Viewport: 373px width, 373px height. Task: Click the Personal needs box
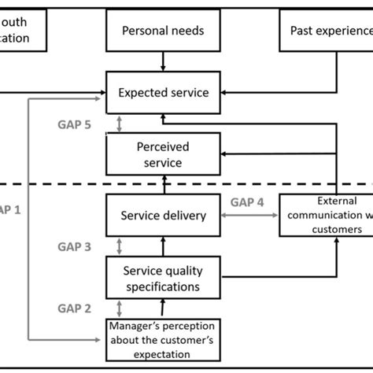coord(163,31)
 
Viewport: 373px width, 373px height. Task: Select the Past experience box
coord(326,31)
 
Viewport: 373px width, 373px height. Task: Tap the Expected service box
coord(163,93)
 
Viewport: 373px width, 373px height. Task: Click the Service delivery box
coord(163,214)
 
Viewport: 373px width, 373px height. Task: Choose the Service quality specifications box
coord(163,279)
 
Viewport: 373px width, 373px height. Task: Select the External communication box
coord(326,215)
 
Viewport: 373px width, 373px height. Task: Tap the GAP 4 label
coord(246,201)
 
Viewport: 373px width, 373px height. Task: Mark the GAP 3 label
coord(75,246)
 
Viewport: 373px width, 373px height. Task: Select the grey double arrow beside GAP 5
coord(119,124)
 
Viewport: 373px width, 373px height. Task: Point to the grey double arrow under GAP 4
coord(246,215)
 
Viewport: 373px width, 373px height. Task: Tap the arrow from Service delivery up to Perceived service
coord(164,184)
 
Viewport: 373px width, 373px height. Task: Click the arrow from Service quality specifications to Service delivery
coord(164,246)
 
